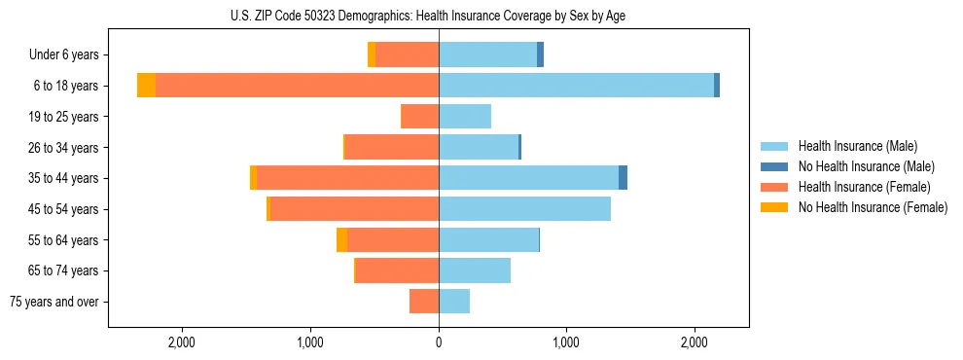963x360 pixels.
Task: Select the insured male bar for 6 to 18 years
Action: tap(576, 86)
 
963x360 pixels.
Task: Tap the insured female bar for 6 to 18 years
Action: tap(297, 86)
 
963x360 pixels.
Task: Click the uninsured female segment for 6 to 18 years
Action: tap(146, 86)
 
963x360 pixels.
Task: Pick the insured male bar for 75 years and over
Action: tap(454, 302)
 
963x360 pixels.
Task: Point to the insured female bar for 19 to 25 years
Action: tap(420, 117)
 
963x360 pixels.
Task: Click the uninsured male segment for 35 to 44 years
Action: tap(623, 178)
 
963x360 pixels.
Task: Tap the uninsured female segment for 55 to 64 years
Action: tap(341, 240)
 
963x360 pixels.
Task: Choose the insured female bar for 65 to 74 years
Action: tap(397, 270)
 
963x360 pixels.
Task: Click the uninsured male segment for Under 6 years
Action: tap(540, 54)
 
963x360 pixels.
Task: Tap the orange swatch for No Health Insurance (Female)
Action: tap(775, 207)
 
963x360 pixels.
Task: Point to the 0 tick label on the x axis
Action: tap(439, 342)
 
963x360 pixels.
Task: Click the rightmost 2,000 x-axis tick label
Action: tap(695, 342)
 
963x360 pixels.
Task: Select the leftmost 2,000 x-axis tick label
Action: tap(183, 342)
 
